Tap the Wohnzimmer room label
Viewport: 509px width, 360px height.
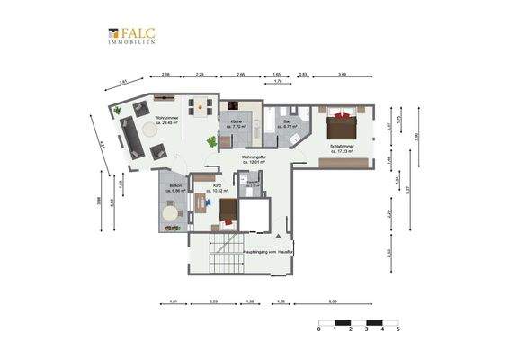click(x=170, y=121)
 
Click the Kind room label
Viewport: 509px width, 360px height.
click(x=217, y=188)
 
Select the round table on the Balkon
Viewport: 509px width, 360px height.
click(x=171, y=214)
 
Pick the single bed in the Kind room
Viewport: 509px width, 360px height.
click(x=228, y=212)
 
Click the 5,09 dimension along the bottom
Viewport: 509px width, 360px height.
click(x=333, y=301)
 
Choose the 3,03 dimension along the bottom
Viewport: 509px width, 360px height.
click(x=214, y=301)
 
